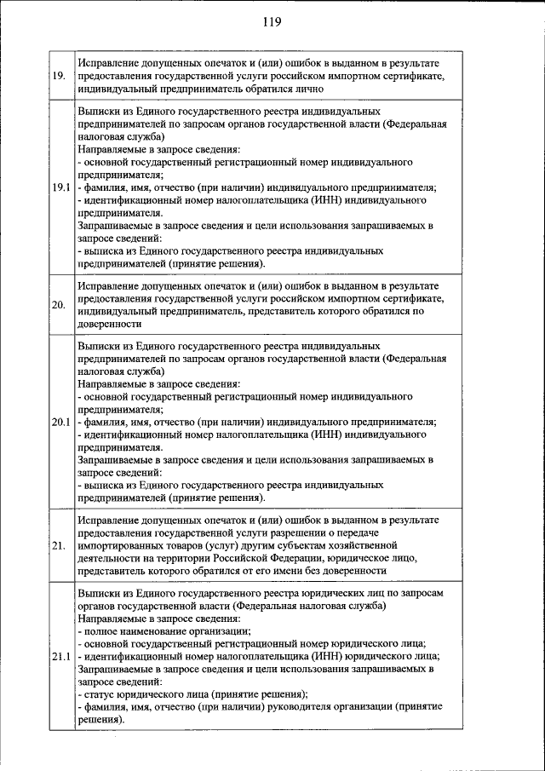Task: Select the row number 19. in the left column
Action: click(x=60, y=75)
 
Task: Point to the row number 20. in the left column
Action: click(x=60, y=305)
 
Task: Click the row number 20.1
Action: click(x=60, y=422)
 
